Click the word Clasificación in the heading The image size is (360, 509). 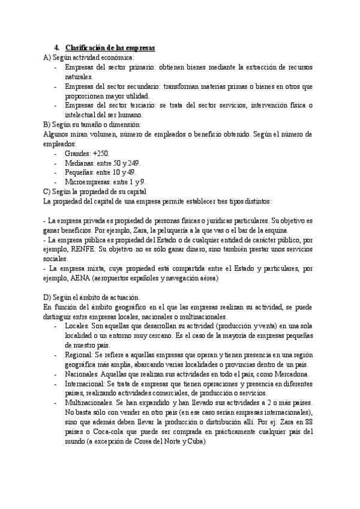(86, 47)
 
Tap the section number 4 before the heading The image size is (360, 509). (55, 47)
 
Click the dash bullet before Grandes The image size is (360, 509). (56, 154)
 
